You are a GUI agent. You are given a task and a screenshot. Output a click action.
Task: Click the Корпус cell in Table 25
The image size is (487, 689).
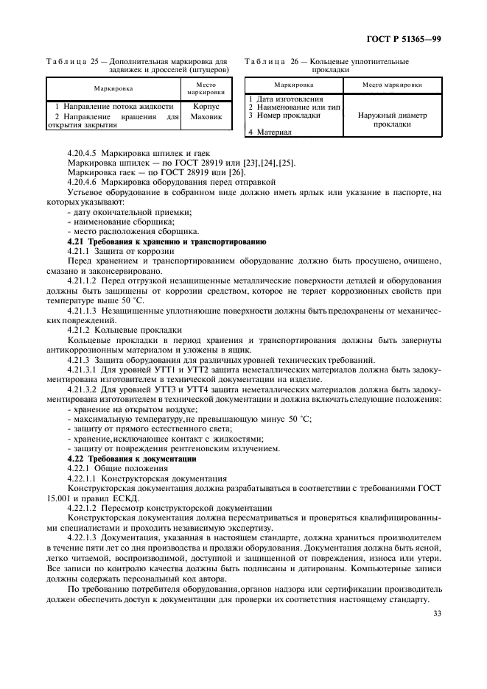pyautogui.click(x=206, y=107)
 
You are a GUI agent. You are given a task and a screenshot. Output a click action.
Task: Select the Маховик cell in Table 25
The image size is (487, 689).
pyautogui.click(x=206, y=116)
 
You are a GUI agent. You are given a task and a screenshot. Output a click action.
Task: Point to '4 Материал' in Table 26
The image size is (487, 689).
pyautogui.click(x=270, y=132)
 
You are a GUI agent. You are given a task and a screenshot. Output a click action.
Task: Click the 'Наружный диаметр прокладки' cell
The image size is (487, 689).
pyautogui.click(x=393, y=120)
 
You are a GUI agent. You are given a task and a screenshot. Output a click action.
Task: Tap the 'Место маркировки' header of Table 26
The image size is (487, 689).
pyautogui.click(x=393, y=85)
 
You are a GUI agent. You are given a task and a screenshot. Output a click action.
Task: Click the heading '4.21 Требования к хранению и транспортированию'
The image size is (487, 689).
pyautogui.click(x=167, y=241)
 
